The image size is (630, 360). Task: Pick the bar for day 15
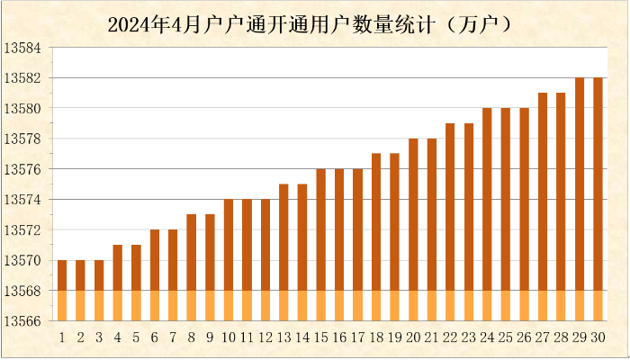(320, 244)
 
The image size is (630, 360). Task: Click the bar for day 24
(487, 214)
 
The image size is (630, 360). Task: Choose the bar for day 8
(192, 266)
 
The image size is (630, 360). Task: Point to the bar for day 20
(413, 229)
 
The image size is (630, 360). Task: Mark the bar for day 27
(543, 206)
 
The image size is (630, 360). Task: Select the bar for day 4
(118, 282)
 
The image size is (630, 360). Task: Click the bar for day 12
(265, 259)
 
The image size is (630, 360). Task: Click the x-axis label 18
(376, 337)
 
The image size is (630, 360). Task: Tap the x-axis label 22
(450, 337)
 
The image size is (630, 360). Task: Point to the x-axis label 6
(155, 337)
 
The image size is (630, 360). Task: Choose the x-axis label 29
(579, 337)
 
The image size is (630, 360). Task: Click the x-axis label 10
(229, 337)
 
